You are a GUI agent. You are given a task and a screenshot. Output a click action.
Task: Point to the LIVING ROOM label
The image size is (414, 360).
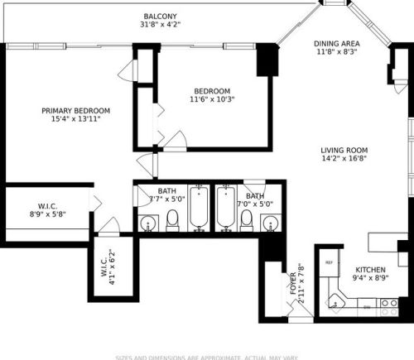(x=344, y=150)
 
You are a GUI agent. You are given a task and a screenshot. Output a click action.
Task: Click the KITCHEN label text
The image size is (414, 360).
(x=370, y=270)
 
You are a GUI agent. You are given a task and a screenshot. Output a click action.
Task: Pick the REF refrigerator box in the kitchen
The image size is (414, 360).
(x=329, y=263)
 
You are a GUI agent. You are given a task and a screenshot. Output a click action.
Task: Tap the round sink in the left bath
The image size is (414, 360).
(x=148, y=223)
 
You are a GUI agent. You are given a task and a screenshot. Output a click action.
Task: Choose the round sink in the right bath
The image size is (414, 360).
(x=270, y=223)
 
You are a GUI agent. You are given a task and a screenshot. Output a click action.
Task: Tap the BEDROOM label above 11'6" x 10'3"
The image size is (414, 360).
(x=212, y=91)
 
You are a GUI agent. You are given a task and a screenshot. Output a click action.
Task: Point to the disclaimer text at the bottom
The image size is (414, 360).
(x=207, y=357)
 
